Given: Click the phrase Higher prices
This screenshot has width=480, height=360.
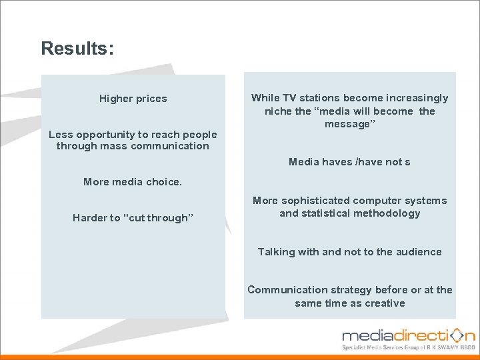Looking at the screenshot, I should tap(133, 99).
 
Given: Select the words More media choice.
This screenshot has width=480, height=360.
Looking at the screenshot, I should tap(132, 181).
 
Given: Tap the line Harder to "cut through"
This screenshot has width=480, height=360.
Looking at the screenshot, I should tap(133, 218).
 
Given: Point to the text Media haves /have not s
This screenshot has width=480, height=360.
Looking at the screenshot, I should tap(349, 162).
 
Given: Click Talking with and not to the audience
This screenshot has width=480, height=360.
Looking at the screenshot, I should tap(349, 252).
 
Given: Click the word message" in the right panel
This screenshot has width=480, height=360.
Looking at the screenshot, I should tap(350, 125).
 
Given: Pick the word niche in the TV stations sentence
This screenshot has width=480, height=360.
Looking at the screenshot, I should tap(278, 111).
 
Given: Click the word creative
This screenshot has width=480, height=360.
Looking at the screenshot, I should tap(385, 303).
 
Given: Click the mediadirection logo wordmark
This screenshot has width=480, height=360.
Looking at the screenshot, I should tap(408, 335).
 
